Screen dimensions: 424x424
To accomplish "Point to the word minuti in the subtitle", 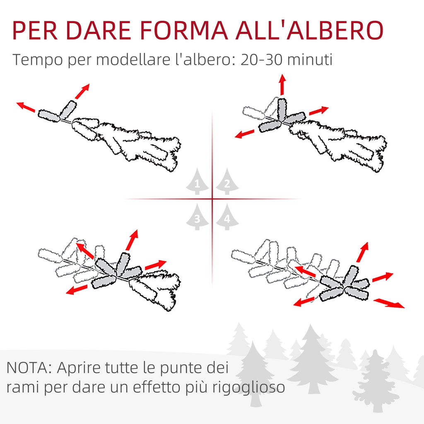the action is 310,60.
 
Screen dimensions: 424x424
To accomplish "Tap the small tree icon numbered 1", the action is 198,181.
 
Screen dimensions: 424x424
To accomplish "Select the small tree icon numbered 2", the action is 227,181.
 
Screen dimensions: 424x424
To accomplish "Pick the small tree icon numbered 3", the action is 198,217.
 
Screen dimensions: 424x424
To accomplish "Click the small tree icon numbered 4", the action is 227,217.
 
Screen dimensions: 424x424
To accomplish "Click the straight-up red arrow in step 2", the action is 282,84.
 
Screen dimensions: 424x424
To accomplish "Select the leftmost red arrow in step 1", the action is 26,107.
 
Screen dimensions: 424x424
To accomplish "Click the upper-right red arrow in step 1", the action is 82,92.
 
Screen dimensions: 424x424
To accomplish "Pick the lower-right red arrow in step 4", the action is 389,303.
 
